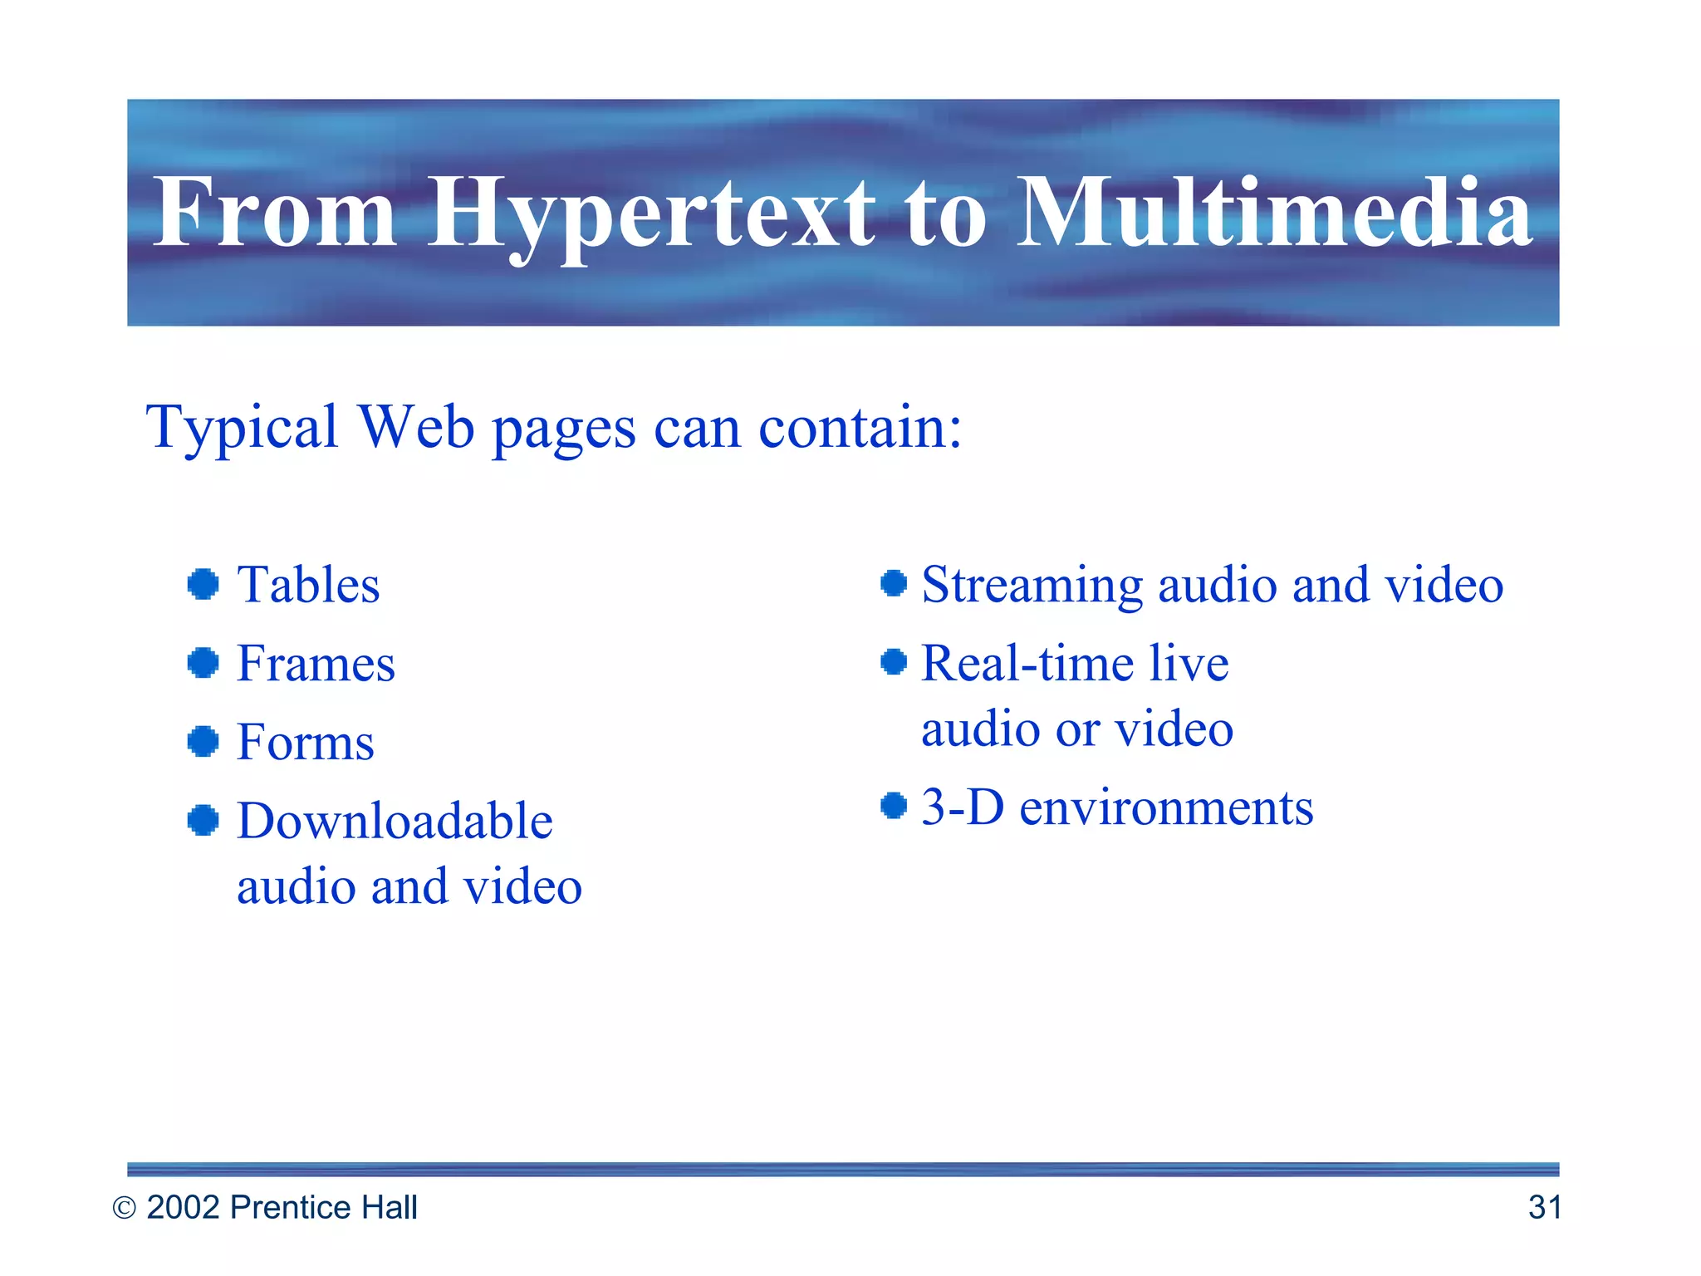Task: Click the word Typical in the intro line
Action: click(x=242, y=429)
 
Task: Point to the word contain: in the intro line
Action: click(x=860, y=427)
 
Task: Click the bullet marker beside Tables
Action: click(x=203, y=584)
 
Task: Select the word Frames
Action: click(x=316, y=664)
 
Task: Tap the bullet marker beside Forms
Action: click(x=203, y=741)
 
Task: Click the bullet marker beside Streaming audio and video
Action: click(x=894, y=583)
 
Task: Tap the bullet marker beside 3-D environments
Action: click(x=894, y=805)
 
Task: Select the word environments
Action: click(x=1166, y=807)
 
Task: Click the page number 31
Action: click(x=1544, y=1207)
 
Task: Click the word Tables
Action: click(x=308, y=585)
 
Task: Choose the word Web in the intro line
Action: click(x=416, y=427)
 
